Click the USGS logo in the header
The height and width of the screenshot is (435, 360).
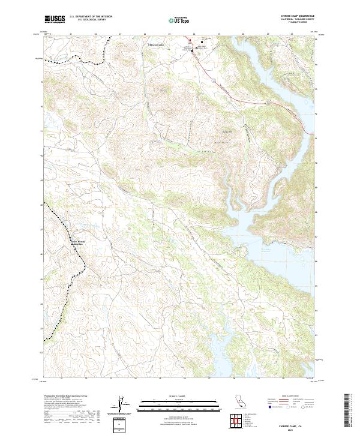pyautogui.click(x=55, y=19)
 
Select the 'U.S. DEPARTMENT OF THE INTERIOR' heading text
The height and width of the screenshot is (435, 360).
pyautogui.click(x=91, y=17)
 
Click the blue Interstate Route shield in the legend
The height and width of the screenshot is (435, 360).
pyautogui.click(x=269, y=407)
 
